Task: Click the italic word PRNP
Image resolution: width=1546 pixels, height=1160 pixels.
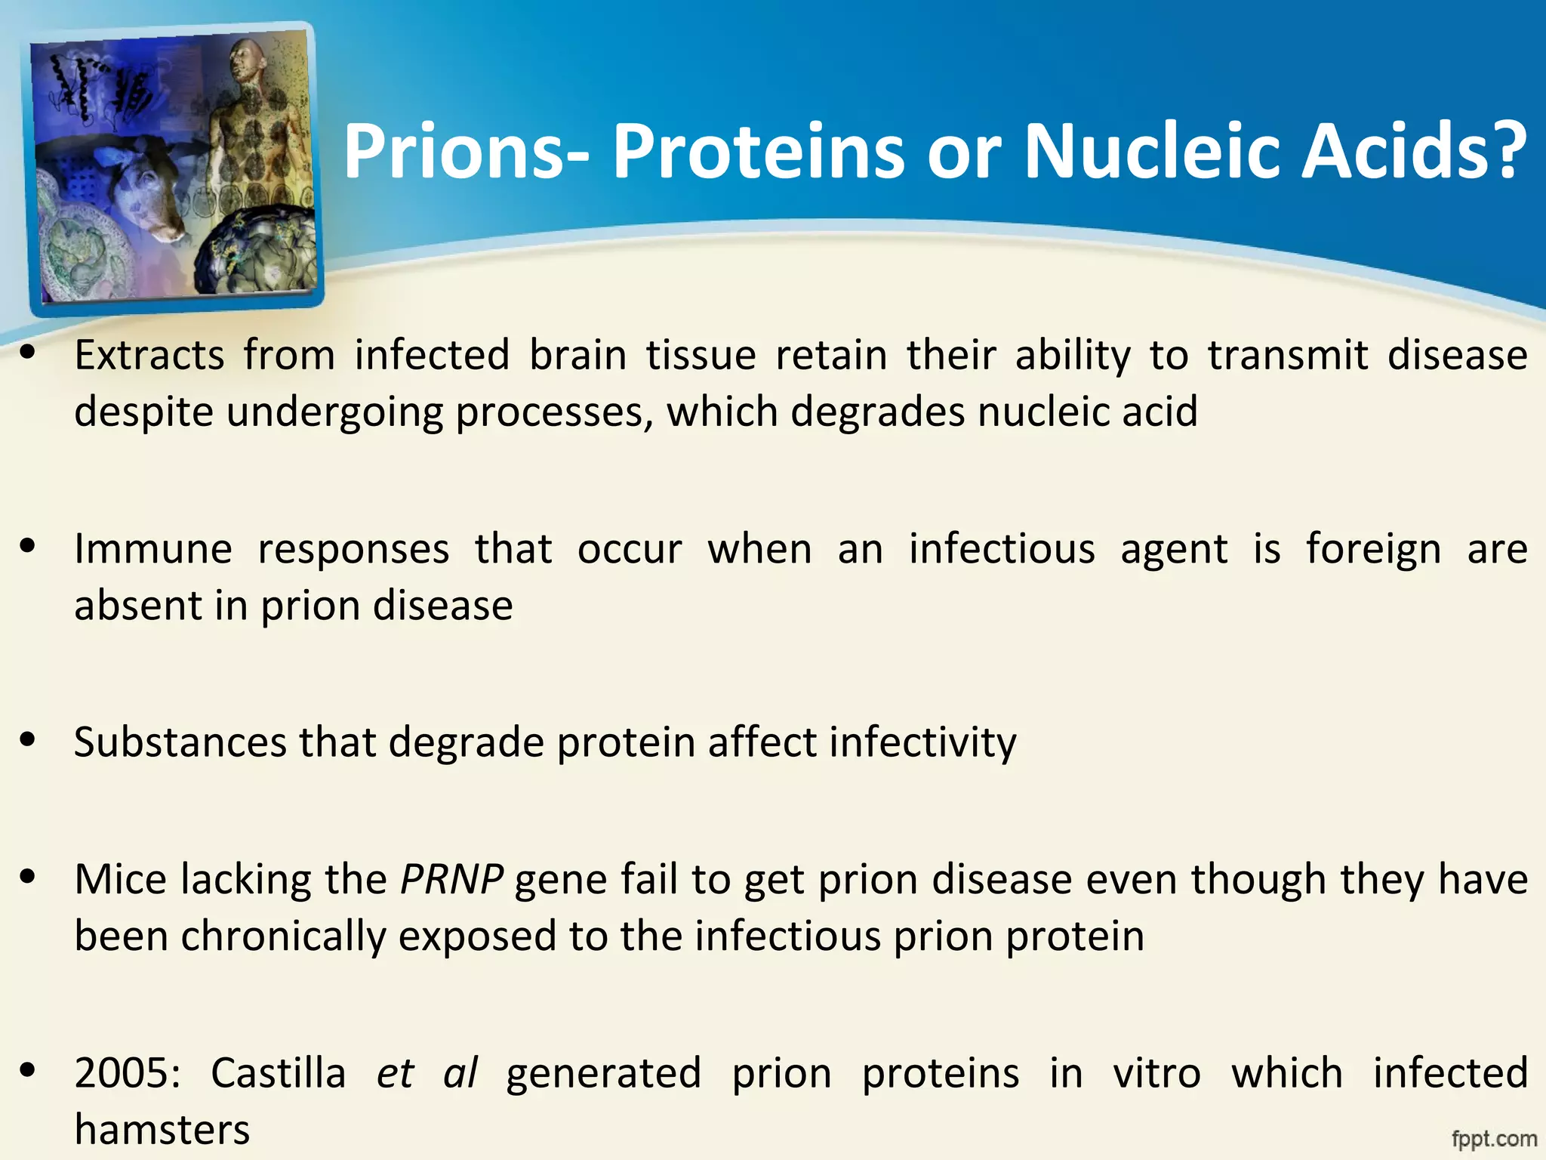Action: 451,879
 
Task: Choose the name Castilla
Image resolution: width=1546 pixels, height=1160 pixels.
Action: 278,1072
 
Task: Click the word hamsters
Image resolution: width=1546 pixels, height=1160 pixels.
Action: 162,1130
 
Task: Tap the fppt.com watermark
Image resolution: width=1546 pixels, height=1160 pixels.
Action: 1494,1137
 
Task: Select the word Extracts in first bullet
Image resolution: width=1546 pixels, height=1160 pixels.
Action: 149,355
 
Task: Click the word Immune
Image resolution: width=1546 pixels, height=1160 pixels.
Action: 153,548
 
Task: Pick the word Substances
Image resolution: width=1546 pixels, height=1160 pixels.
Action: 180,742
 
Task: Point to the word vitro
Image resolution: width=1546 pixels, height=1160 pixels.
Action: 1156,1072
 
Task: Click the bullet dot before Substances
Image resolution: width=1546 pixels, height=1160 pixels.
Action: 28,740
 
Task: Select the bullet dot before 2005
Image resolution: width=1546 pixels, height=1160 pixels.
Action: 28,1070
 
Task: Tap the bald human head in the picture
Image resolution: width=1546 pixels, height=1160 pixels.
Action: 249,60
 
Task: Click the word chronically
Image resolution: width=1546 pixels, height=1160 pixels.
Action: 283,936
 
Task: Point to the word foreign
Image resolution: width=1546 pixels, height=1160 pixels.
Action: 1373,548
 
